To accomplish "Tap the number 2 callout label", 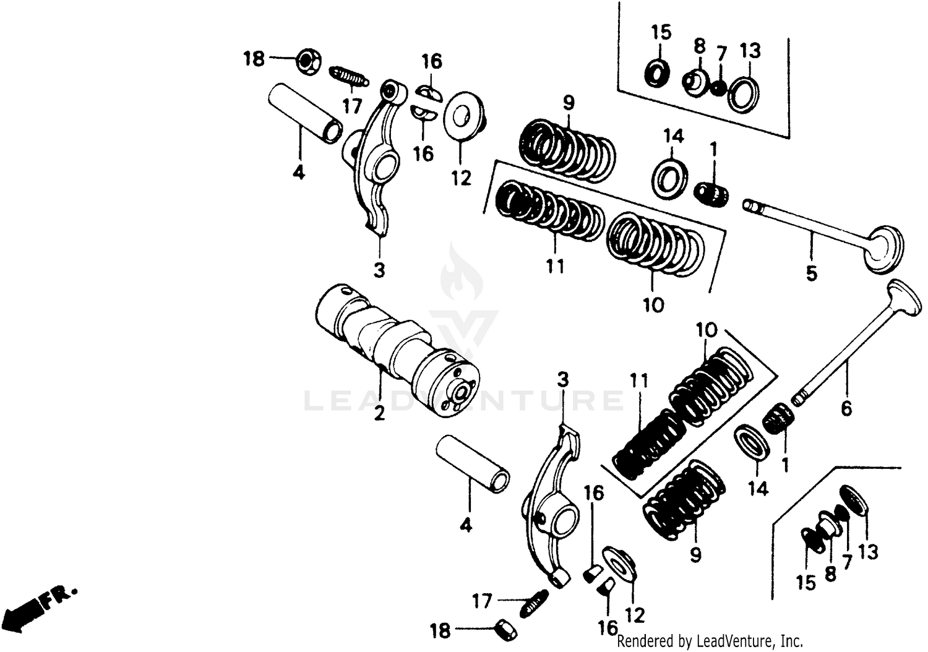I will (379, 414).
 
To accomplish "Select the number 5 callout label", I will (811, 273).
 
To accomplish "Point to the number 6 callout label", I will (846, 408).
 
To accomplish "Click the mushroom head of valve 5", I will (885, 249).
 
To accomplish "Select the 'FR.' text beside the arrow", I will (60, 596).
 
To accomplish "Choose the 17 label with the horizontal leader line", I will (482, 600).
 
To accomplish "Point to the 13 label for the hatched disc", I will (868, 551).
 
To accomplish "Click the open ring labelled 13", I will (743, 95).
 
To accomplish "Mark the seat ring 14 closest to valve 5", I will (668, 176).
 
